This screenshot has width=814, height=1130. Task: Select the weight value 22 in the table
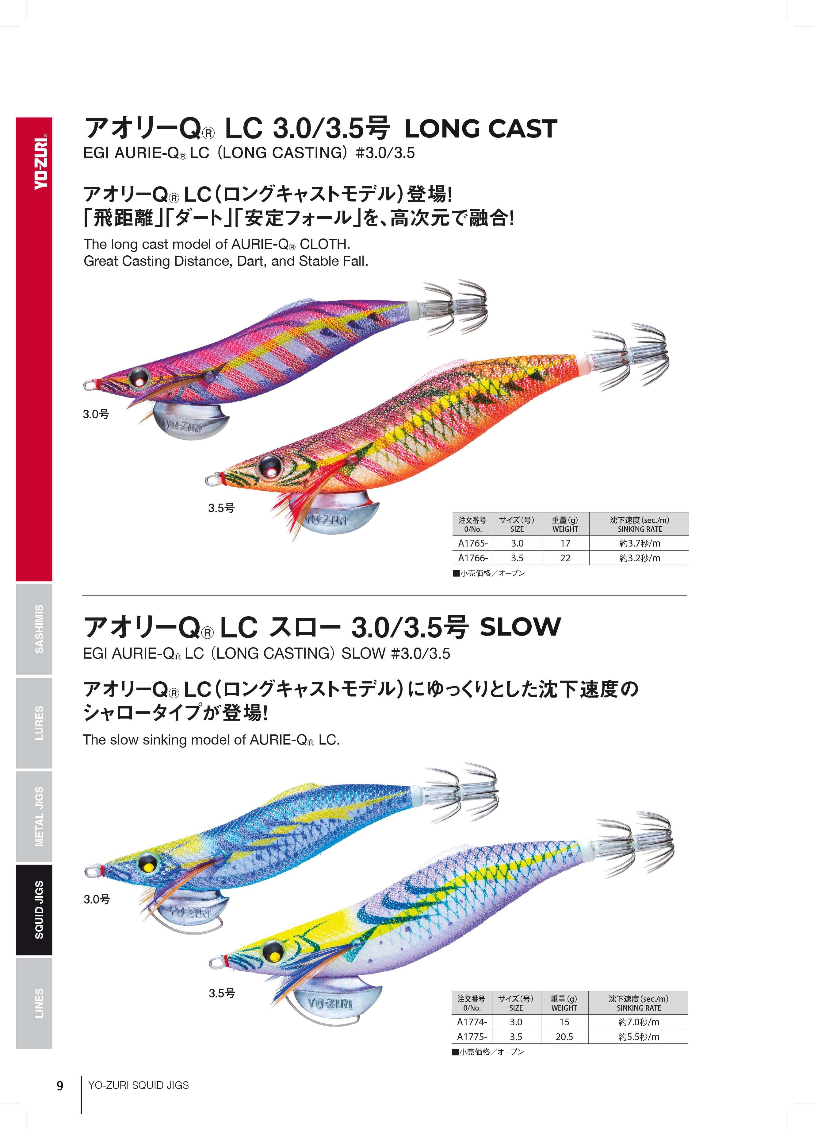coord(565,558)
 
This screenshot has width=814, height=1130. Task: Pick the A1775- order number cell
coord(472,1036)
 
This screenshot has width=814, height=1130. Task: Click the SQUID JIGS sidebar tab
coord(34,910)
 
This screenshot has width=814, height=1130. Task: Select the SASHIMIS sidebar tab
coord(34,629)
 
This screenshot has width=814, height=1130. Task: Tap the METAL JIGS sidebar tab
coord(34,816)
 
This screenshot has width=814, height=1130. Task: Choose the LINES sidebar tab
coord(34,1003)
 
